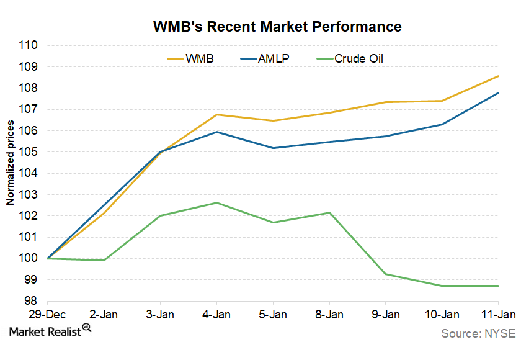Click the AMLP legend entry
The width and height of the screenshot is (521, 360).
[x=273, y=59]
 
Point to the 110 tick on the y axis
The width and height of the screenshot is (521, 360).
[x=29, y=46]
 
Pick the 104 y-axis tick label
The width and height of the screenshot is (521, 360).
[x=29, y=173]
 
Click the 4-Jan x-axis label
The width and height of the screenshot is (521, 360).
[x=216, y=315]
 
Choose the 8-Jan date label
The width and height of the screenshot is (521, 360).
[x=329, y=315]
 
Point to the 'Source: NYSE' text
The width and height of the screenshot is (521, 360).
[x=478, y=334]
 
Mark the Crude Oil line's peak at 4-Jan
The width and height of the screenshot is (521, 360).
[x=217, y=203]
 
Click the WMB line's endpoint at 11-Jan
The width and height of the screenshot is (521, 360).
[x=498, y=76]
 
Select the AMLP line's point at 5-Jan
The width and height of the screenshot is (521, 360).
[x=273, y=148]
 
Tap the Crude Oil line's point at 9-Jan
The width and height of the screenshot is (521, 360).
[x=386, y=274]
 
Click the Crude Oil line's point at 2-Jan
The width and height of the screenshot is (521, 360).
[x=104, y=260]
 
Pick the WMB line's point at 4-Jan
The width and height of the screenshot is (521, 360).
[x=217, y=114]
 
